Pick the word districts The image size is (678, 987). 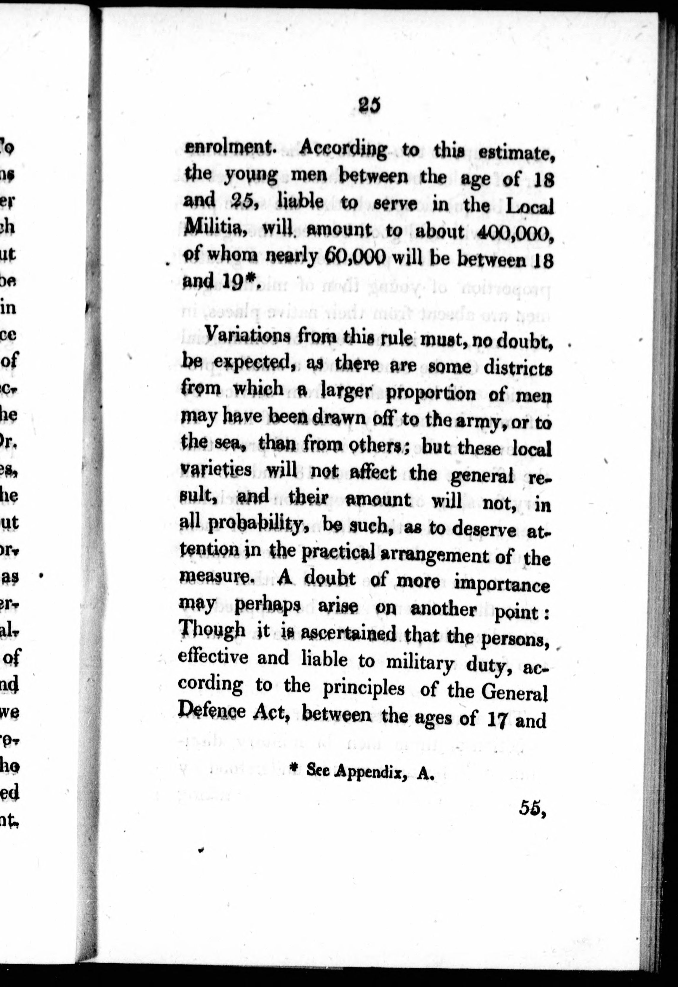(x=518, y=367)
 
